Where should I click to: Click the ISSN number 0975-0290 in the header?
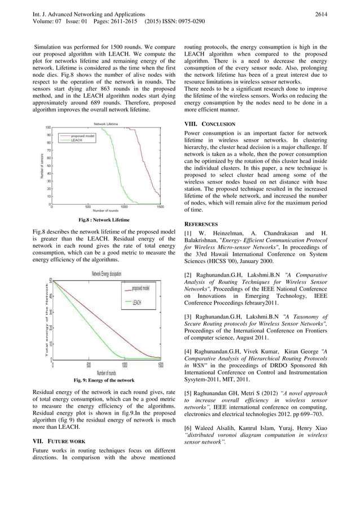[189, 22]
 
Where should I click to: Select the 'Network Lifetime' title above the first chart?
[106, 124]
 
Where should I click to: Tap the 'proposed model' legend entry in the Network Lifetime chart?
[82, 136]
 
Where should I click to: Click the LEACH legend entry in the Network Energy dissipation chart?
[137, 302]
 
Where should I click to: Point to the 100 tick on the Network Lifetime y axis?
[48, 128]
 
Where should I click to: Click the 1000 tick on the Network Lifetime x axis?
[124, 207]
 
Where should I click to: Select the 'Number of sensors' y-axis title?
[42, 166]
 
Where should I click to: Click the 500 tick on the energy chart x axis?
[89, 365]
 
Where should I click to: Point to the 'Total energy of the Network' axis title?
[44, 319]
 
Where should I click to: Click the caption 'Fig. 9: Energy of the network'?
[104, 380]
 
